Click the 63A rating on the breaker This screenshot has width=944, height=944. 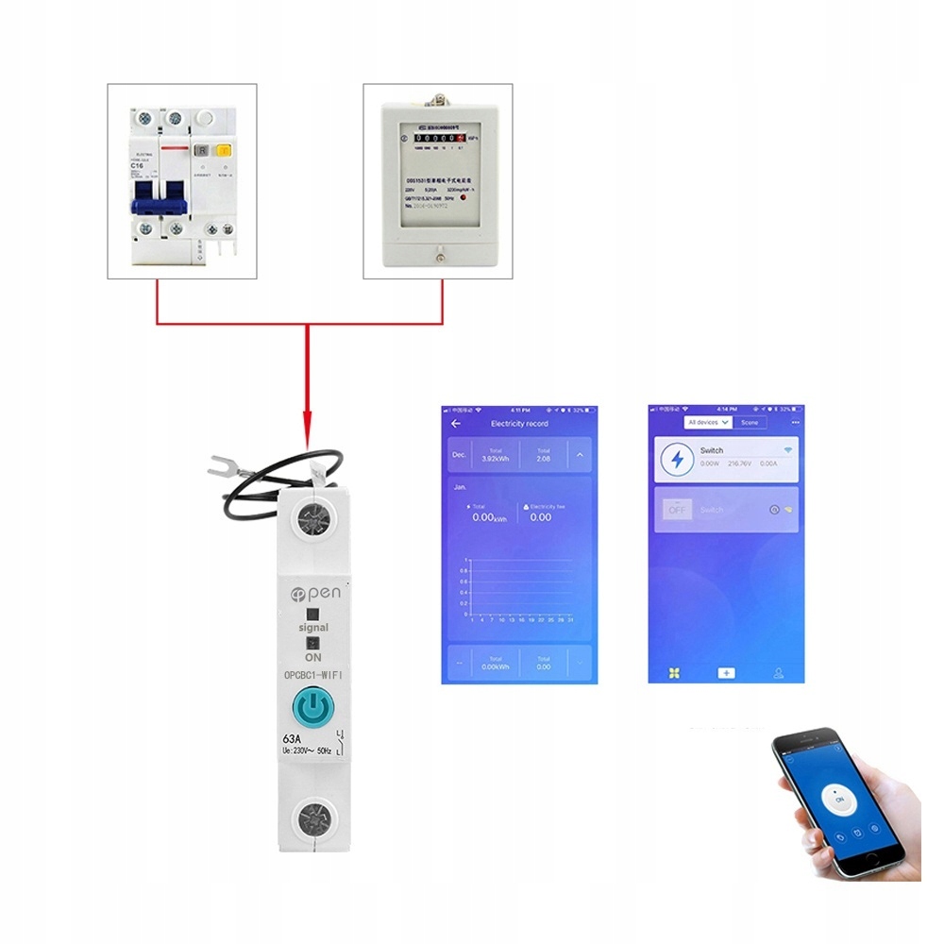[x=292, y=738]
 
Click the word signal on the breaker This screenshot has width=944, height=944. [x=313, y=627]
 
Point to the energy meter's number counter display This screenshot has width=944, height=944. [x=437, y=137]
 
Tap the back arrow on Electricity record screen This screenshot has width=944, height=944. [x=457, y=424]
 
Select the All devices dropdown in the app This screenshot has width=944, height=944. [x=709, y=422]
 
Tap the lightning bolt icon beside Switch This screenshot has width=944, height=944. [x=676, y=460]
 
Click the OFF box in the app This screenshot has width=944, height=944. [x=676, y=510]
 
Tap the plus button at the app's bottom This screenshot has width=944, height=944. [x=726, y=673]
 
